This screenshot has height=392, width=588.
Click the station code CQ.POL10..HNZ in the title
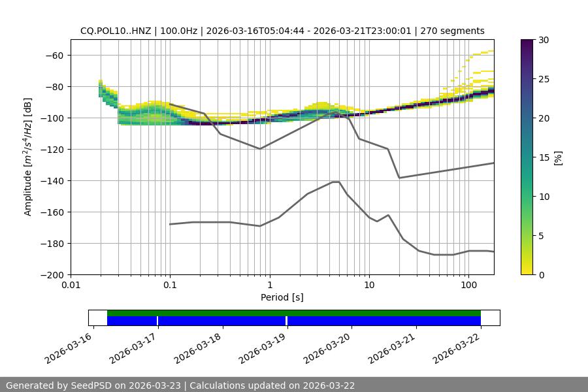[x=116, y=31]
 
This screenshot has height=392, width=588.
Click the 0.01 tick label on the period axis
[x=71, y=286]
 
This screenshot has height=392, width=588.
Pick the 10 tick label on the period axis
[x=368, y=286]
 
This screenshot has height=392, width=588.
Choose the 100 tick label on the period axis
[x=468, y=286]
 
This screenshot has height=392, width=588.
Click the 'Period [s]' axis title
[x=282, y=297]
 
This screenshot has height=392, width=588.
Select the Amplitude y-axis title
[x=28, y=157]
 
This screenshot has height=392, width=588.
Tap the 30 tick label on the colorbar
[x=543, y=40]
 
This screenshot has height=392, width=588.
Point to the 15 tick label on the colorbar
[x=543, y=157]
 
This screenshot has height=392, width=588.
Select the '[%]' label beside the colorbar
[x=558, y=157]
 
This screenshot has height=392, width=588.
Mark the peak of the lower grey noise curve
[x=336, y=182]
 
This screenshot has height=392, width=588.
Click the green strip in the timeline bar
[x=294, y=313]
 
